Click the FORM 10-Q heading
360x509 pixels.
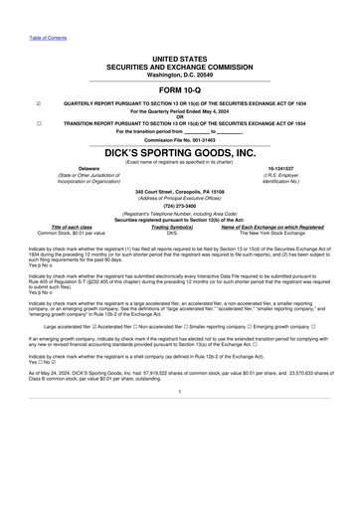point(179,89)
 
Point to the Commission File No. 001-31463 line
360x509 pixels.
point(179,140)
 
